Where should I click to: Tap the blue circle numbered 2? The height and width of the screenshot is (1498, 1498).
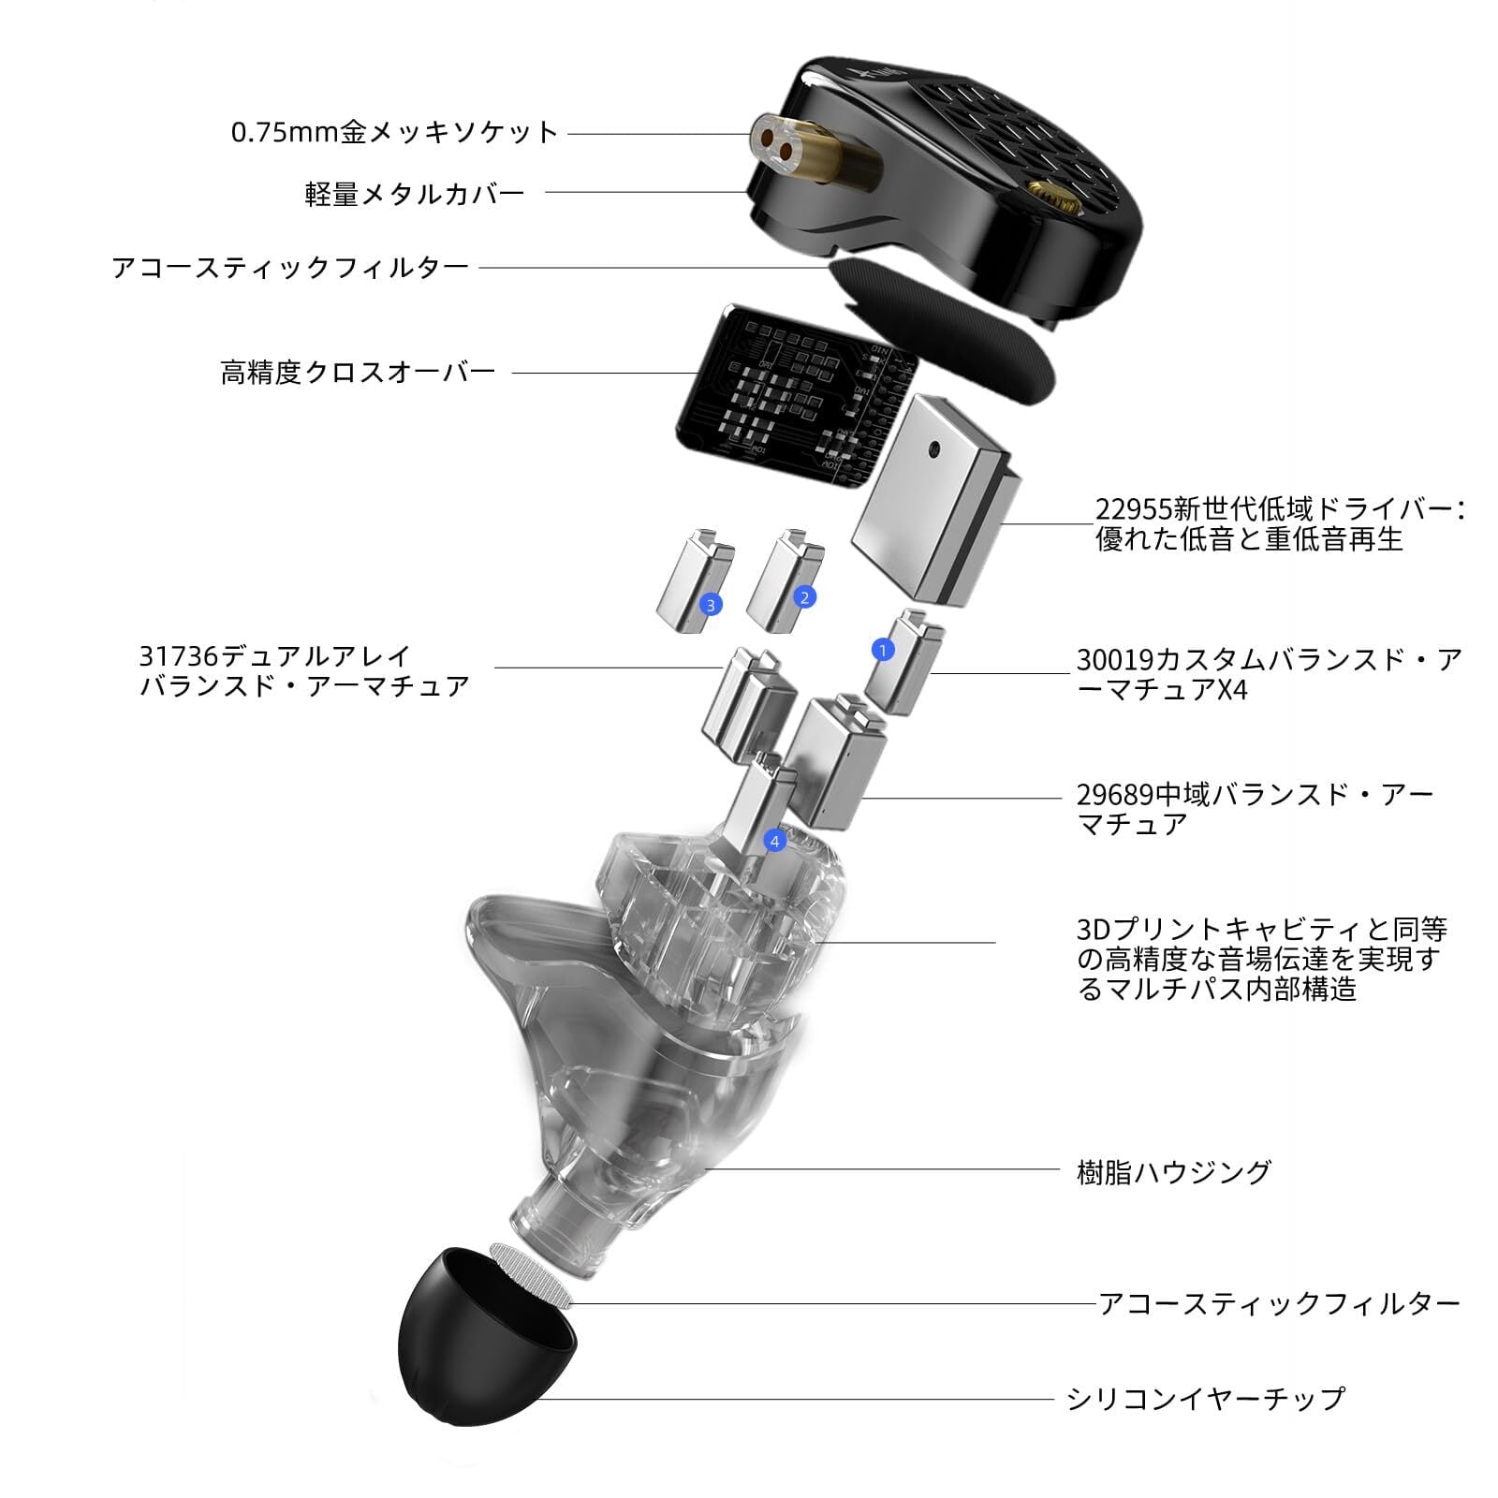pyautogui.click(x=803, y=596)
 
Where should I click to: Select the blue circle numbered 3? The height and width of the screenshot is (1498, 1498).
pyautogui.click(x=711, y=605)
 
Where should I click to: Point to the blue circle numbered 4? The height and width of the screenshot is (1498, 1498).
pyautogui.click(x=774, y=841)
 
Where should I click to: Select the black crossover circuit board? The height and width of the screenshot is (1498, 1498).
pyautogui.click(x=786, y=398)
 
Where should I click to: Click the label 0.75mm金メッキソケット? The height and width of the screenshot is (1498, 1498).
pyautogui.click(x=394, y=132)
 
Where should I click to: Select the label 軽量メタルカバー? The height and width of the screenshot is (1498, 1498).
pyautogui.click(x=415, y=194)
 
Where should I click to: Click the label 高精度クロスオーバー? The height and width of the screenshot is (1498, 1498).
pyautogui.click(x=358, y=373)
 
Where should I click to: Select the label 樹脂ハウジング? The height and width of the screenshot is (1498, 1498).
pyautogui.click(x=1174, y=1171)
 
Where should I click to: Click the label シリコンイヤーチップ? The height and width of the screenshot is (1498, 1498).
pyautogui.click(x=1205, y=1399)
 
